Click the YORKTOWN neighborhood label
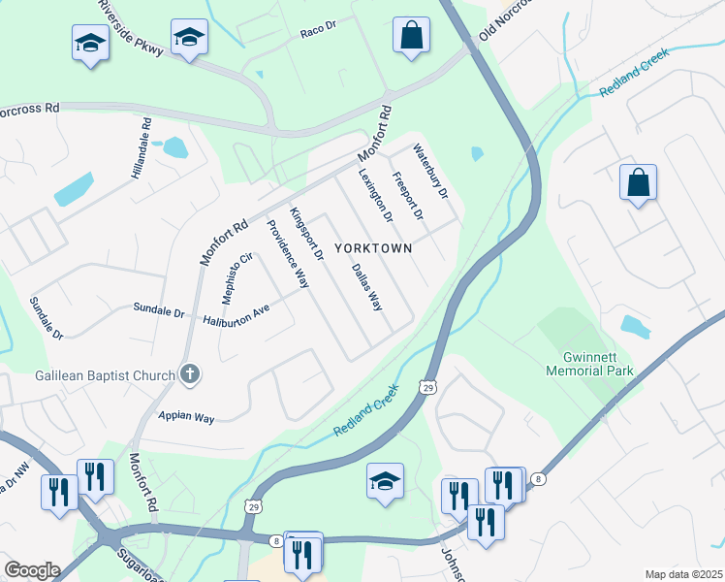[x=373, y=248]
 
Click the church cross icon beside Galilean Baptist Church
[x=191, y=374]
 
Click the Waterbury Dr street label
[x=431, y=172]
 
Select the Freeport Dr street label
[x=407, y=195]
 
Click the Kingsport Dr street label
[x=306, y=234]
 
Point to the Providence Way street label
[x=288, y=255]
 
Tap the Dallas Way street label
[x=366, y=287]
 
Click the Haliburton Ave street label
[x=236, y=315]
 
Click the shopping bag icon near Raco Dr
[x=411, y=35]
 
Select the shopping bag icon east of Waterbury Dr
[x=638, y=182]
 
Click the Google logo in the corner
[x=31, y=570]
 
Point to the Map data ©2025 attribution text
[x=682, y=574]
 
